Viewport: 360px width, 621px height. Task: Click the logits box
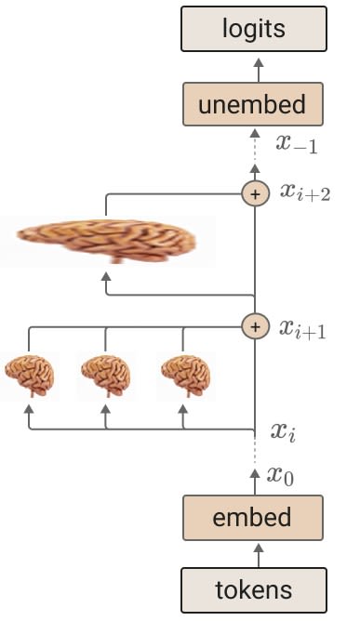pos(254,29)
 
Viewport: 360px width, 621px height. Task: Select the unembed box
pos(253,104)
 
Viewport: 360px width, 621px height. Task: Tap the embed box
pos(253,518)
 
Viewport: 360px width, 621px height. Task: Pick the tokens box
pos(254,590)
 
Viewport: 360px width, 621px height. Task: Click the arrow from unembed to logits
pos(259,70)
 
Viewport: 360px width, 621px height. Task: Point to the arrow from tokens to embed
pos(259,555)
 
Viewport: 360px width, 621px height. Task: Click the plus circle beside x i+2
pos(255,194)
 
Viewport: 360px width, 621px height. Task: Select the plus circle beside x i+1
pos(255,326)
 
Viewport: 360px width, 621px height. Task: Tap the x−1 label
pos(297,144)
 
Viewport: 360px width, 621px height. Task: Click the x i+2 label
pos(305,192)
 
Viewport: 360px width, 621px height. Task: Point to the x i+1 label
pos(302,329)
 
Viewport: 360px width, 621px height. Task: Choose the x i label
pos(283,431)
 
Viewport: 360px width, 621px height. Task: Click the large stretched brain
pos(106,241)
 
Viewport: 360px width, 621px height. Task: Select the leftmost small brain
pos(30,376)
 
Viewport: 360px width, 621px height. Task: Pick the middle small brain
pos(106,376)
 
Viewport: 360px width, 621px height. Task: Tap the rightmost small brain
pos(186,376)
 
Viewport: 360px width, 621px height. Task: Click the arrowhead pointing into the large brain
pos(106,276)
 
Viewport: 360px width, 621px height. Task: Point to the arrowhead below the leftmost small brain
pos(29,409)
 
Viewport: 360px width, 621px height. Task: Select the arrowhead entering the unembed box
pos(255,134)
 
